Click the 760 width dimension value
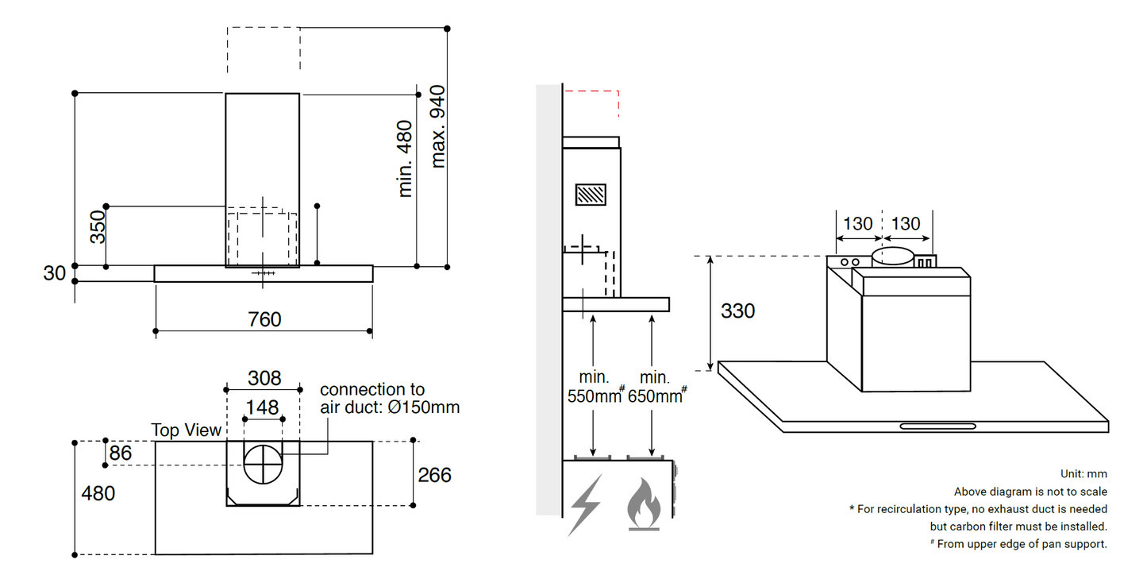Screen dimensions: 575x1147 [x=264, y=318]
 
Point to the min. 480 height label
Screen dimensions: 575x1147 [x=405, y=158]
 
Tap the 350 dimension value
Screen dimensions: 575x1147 [x=97, y=226]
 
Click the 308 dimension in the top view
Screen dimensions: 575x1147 [x=264, y=378]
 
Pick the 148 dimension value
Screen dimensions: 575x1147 [x=262, y=407]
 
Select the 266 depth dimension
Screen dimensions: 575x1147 [x=434, y=475]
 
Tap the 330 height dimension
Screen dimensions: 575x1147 [x=737, y=311]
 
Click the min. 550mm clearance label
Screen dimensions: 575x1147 [x=592, y=387]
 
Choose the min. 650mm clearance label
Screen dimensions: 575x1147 [x=655, y=387]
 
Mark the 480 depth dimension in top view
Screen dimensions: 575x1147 [x=98, y=493]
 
